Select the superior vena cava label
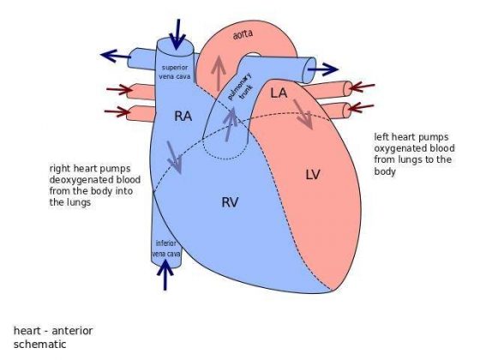(x=178, y=71)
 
